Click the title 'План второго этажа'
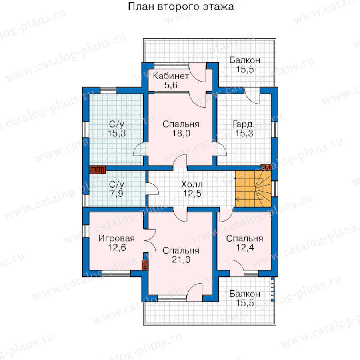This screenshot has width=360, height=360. [181, 7]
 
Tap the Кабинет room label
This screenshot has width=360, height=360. [171, 76]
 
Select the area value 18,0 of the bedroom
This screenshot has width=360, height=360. [181, 133]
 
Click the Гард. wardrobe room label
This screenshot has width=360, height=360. [244, 124]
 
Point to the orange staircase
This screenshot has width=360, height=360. [253, 189]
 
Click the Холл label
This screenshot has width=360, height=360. [192, 184]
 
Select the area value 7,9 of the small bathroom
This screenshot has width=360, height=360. [117, 194]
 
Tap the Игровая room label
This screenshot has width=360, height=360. [117, 238]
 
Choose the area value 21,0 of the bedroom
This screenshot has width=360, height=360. [181, 260]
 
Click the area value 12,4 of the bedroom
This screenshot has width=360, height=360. [245, 248]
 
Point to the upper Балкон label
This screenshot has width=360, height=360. [245, 60]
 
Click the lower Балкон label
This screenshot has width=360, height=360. [245, 294]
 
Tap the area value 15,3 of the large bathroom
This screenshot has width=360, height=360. [117, 133]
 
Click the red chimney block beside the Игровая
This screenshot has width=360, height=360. [145, 265]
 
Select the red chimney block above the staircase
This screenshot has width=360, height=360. [266, 167]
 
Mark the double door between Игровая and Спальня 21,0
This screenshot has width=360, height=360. [150, 241]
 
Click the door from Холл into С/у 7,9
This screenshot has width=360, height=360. [152, 189]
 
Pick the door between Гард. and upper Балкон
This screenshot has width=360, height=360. [252, 96]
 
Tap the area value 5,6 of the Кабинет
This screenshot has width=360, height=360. [171, 85]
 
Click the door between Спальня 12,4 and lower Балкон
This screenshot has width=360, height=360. [237, 268]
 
